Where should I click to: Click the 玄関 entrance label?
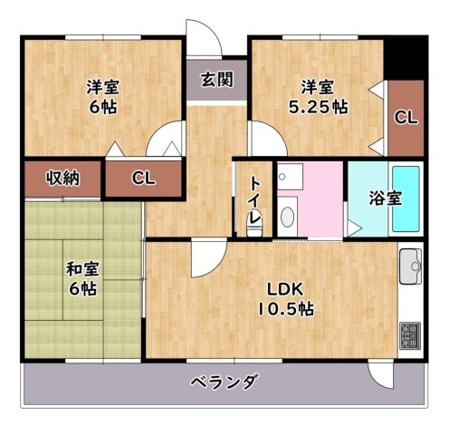[x=215, y=79]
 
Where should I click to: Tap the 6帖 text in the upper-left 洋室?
[x=101, y=106]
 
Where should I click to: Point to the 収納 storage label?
[x=63, y=178]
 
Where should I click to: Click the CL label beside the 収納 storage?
[x=143, y=178]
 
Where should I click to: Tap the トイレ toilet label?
[x=256, y=200]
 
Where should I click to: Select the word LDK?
[x=282, y=290]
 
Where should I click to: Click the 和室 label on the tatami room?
[x=81, y=269]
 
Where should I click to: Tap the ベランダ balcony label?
[x=224, y=382]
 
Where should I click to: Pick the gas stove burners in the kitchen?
[x=410, y=335]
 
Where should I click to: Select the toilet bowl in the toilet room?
[x=256, y=226]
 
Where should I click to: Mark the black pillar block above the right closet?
[x=405, y=60]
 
